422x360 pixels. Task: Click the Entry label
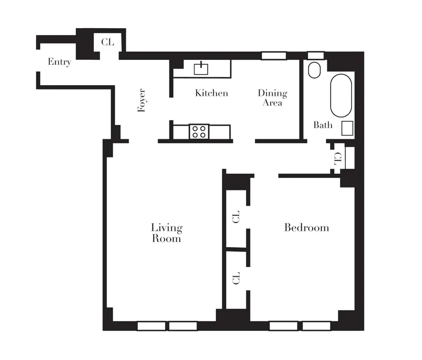[x=59, y=62]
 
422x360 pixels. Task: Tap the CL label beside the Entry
[x=107, y=42]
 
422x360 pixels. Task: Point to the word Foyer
[x=142, y=100]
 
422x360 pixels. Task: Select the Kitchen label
[x=211, y=93]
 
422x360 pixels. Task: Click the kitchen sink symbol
[x=201, y=68]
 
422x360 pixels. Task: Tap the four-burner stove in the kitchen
[x=199, y=131]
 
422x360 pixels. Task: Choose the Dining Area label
[x=272, y=98]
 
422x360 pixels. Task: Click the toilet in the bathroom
[x=315, y=71]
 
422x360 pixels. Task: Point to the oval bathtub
[x=341, y=95]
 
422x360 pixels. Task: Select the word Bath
[x=323, y=125]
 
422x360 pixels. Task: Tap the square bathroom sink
[x=347, y=128]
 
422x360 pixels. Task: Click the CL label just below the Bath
[x=338, y=159]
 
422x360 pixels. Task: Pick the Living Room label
[x=166, y=233]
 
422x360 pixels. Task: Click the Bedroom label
[x=306, y=227]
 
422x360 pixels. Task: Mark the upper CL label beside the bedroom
[x=236, y=217]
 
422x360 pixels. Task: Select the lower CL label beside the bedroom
[x=236, y=278]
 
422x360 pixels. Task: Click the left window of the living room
[x=151, y=326]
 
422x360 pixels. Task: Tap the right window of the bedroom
[x=316, y=326]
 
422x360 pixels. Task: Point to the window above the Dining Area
[x=273, y=55]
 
